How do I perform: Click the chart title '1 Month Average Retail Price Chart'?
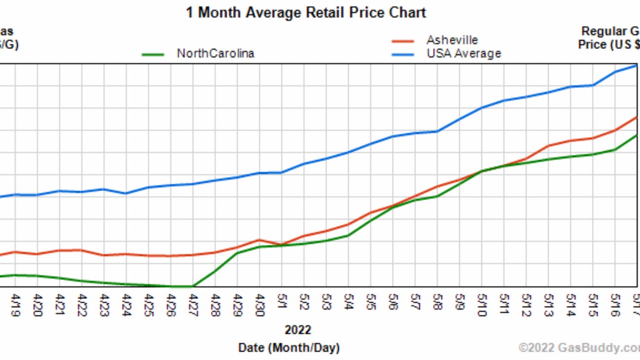click(306, 12)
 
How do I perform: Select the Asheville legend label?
click(452, 40)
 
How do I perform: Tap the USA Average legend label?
click(464, 53)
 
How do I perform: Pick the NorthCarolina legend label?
click(215, 53)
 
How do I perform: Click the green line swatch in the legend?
click(153, 54)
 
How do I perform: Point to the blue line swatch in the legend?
click(402, 54)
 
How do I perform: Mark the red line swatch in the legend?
click(402, 41)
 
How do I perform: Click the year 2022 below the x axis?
click(298, 329)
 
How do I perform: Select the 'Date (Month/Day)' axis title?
click(289, 348)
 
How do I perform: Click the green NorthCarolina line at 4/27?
click(193, 286)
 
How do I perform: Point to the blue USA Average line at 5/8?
click(437, 131)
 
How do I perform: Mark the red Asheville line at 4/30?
click(259, 240)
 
